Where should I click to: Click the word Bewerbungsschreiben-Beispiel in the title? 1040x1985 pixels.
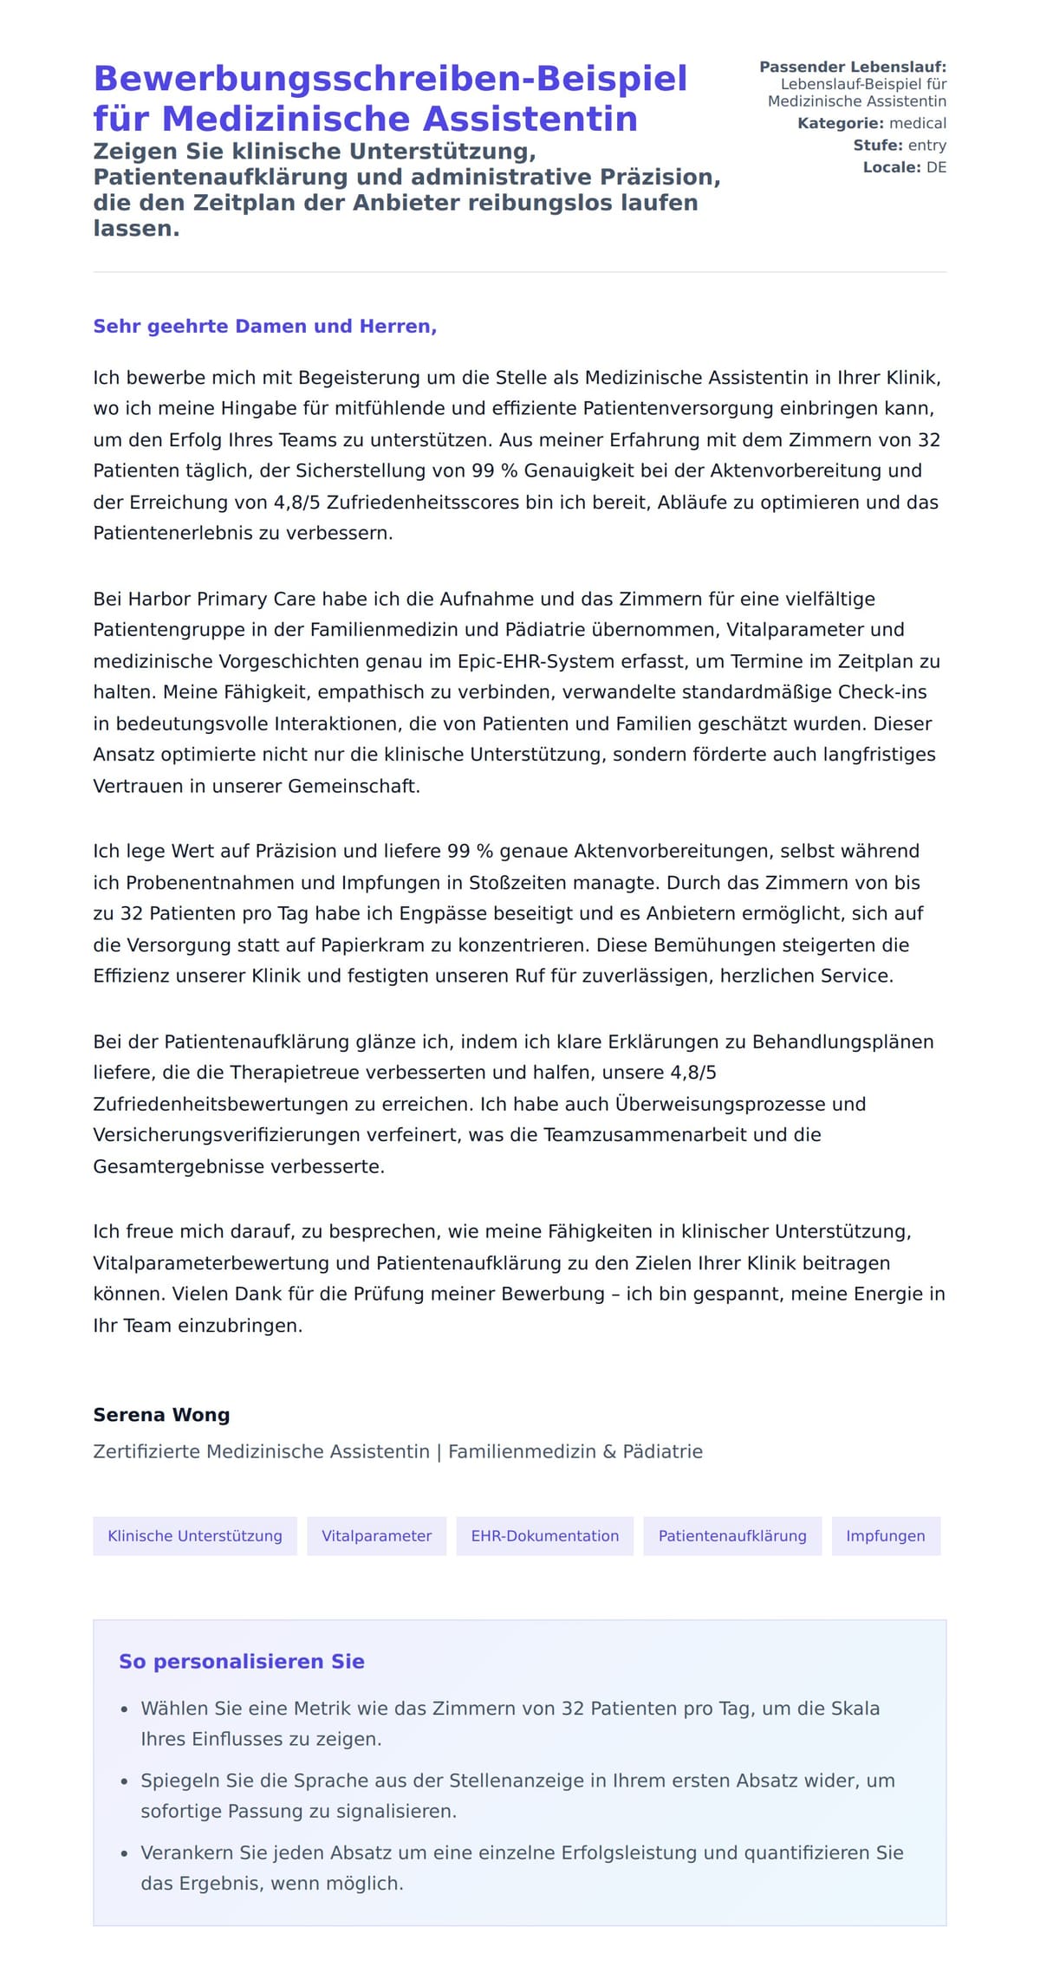390,79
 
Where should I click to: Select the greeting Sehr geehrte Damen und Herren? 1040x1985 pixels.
264,327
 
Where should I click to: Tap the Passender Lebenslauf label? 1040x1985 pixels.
852,67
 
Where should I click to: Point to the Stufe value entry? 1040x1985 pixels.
926,146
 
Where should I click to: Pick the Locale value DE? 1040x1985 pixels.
936,167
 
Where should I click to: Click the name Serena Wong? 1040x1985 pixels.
161,1415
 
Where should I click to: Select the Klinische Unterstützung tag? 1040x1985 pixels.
195,1536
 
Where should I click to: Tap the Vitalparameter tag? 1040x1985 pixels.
376,1536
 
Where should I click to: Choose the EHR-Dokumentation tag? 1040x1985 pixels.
544,1536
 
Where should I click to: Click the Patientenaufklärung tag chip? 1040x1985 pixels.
731,1536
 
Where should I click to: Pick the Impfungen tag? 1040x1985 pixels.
885,1536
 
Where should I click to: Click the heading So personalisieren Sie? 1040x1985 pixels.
241,1662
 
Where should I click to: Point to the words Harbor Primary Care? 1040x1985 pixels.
222,600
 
